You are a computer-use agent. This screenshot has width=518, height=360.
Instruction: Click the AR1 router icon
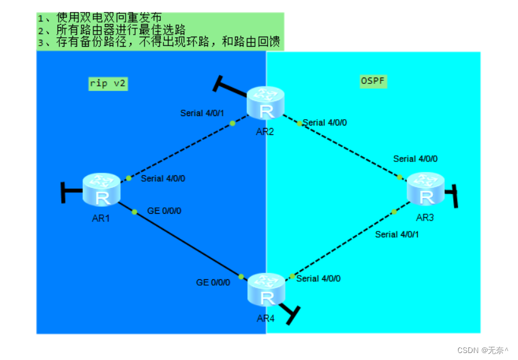[x=101, y=189]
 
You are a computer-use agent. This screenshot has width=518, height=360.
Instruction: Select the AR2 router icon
[x=266, y=103]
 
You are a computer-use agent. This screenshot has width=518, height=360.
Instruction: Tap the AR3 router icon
[x=425, y=189]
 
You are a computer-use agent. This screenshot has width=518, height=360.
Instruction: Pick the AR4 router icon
[x=266, y=290]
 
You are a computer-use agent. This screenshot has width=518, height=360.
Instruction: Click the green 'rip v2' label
[x=108, y=83]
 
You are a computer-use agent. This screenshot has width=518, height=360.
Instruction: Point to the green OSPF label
[x=373, y=81]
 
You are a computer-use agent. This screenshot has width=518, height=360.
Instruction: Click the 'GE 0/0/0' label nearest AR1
[x=164, y=211]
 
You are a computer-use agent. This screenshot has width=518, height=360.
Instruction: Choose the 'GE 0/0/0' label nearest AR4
[x=213, y=282]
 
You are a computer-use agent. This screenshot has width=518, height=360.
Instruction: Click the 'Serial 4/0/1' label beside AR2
[x=203, y=113]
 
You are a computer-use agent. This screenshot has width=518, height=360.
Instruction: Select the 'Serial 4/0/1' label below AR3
[x=397, y=235]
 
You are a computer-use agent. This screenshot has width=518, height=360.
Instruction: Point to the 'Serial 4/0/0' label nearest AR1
[x=163, y=178]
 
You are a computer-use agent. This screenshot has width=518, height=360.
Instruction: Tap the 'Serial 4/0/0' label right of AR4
[x=319, y=279]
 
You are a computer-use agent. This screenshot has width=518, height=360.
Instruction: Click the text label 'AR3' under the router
[x=425, y=218]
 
